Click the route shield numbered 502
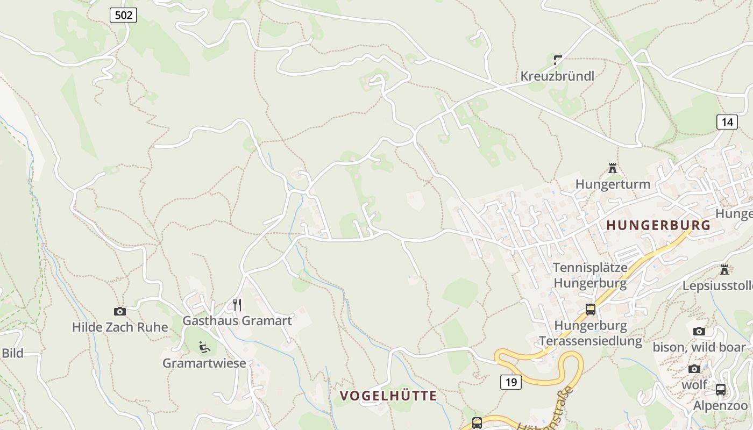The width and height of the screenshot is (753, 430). click(123, 15)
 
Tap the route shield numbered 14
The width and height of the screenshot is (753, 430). click(727, 122)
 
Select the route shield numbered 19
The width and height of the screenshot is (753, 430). click(510, 382)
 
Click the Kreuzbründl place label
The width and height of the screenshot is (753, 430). click(557, 76)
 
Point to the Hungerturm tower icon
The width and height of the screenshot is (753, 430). click(612, 168)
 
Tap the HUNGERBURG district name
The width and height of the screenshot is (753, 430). click(658, 225)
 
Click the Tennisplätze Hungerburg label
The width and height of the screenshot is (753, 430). click(590, 275)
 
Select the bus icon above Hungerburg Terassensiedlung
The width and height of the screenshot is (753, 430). click(591, 309)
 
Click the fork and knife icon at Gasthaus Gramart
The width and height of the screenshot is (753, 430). click(237, 305)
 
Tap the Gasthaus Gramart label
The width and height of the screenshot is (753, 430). click(237, 321)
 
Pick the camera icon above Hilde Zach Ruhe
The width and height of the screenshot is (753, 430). click(119, 311)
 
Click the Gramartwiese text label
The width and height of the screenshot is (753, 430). click(204, 363)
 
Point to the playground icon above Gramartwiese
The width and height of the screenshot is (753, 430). click(204, 347)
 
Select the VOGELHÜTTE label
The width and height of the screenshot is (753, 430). click(388, 396)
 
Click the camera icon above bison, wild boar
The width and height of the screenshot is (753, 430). click(699, 331)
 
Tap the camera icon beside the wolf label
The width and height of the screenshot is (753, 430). click(694, 369)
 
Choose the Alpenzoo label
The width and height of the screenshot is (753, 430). click(720, 406)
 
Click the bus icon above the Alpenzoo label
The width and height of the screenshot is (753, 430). click(720, 389)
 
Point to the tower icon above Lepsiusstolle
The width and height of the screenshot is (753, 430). click(724, 269)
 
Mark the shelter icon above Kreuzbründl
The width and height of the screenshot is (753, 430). click(558, 60)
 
